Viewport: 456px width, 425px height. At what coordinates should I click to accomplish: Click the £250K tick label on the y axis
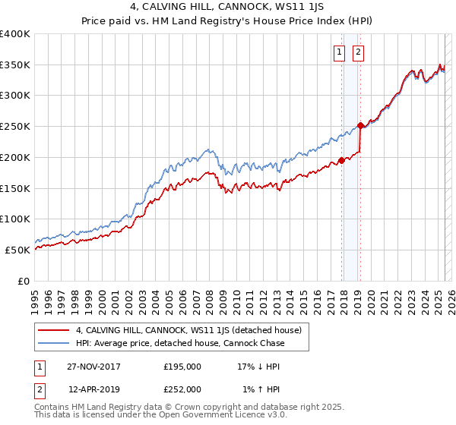coord(15,126)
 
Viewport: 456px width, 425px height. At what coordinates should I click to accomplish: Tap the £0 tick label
coord(23,281)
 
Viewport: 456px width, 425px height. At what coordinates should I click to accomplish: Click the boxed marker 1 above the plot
coord(338,52)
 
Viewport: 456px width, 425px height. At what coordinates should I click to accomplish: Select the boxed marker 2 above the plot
coord(357,52)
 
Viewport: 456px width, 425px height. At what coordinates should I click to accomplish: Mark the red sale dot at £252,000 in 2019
coord(360,125)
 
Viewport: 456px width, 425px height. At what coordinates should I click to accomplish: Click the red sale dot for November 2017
coord(342,160)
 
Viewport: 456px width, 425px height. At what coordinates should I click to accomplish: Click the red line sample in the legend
coord(52,330)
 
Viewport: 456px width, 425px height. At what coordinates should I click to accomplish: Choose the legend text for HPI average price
coord(179,343)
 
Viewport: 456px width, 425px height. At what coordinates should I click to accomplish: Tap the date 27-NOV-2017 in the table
coord(94,367)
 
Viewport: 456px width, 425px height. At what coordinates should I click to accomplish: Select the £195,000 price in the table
coord(182,367)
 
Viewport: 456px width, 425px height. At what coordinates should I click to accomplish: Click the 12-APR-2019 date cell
coord(94,389)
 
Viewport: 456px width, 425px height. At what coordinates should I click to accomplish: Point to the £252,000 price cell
coord(182,389)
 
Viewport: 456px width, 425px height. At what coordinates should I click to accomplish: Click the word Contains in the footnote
coord(53,408)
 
